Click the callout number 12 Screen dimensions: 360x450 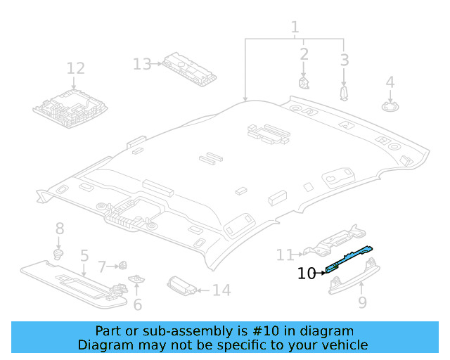tap(75, 68)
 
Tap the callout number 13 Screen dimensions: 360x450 tap(142, 64)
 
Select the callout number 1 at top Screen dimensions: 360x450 tap(295, 27)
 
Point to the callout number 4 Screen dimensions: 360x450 tap(390, 82)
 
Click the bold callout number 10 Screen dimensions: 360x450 tap(307, 274)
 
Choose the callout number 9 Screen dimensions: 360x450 tap(362, 302)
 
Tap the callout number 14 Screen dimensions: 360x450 tap(221, 290)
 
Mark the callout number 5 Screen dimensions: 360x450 tap(84, 256)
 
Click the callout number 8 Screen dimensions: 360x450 tap(60, 228)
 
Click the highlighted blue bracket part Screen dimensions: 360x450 tap(349, 257)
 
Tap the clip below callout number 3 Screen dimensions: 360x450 tap(344, 93)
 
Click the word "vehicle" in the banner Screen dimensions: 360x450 tap(344, 345)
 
